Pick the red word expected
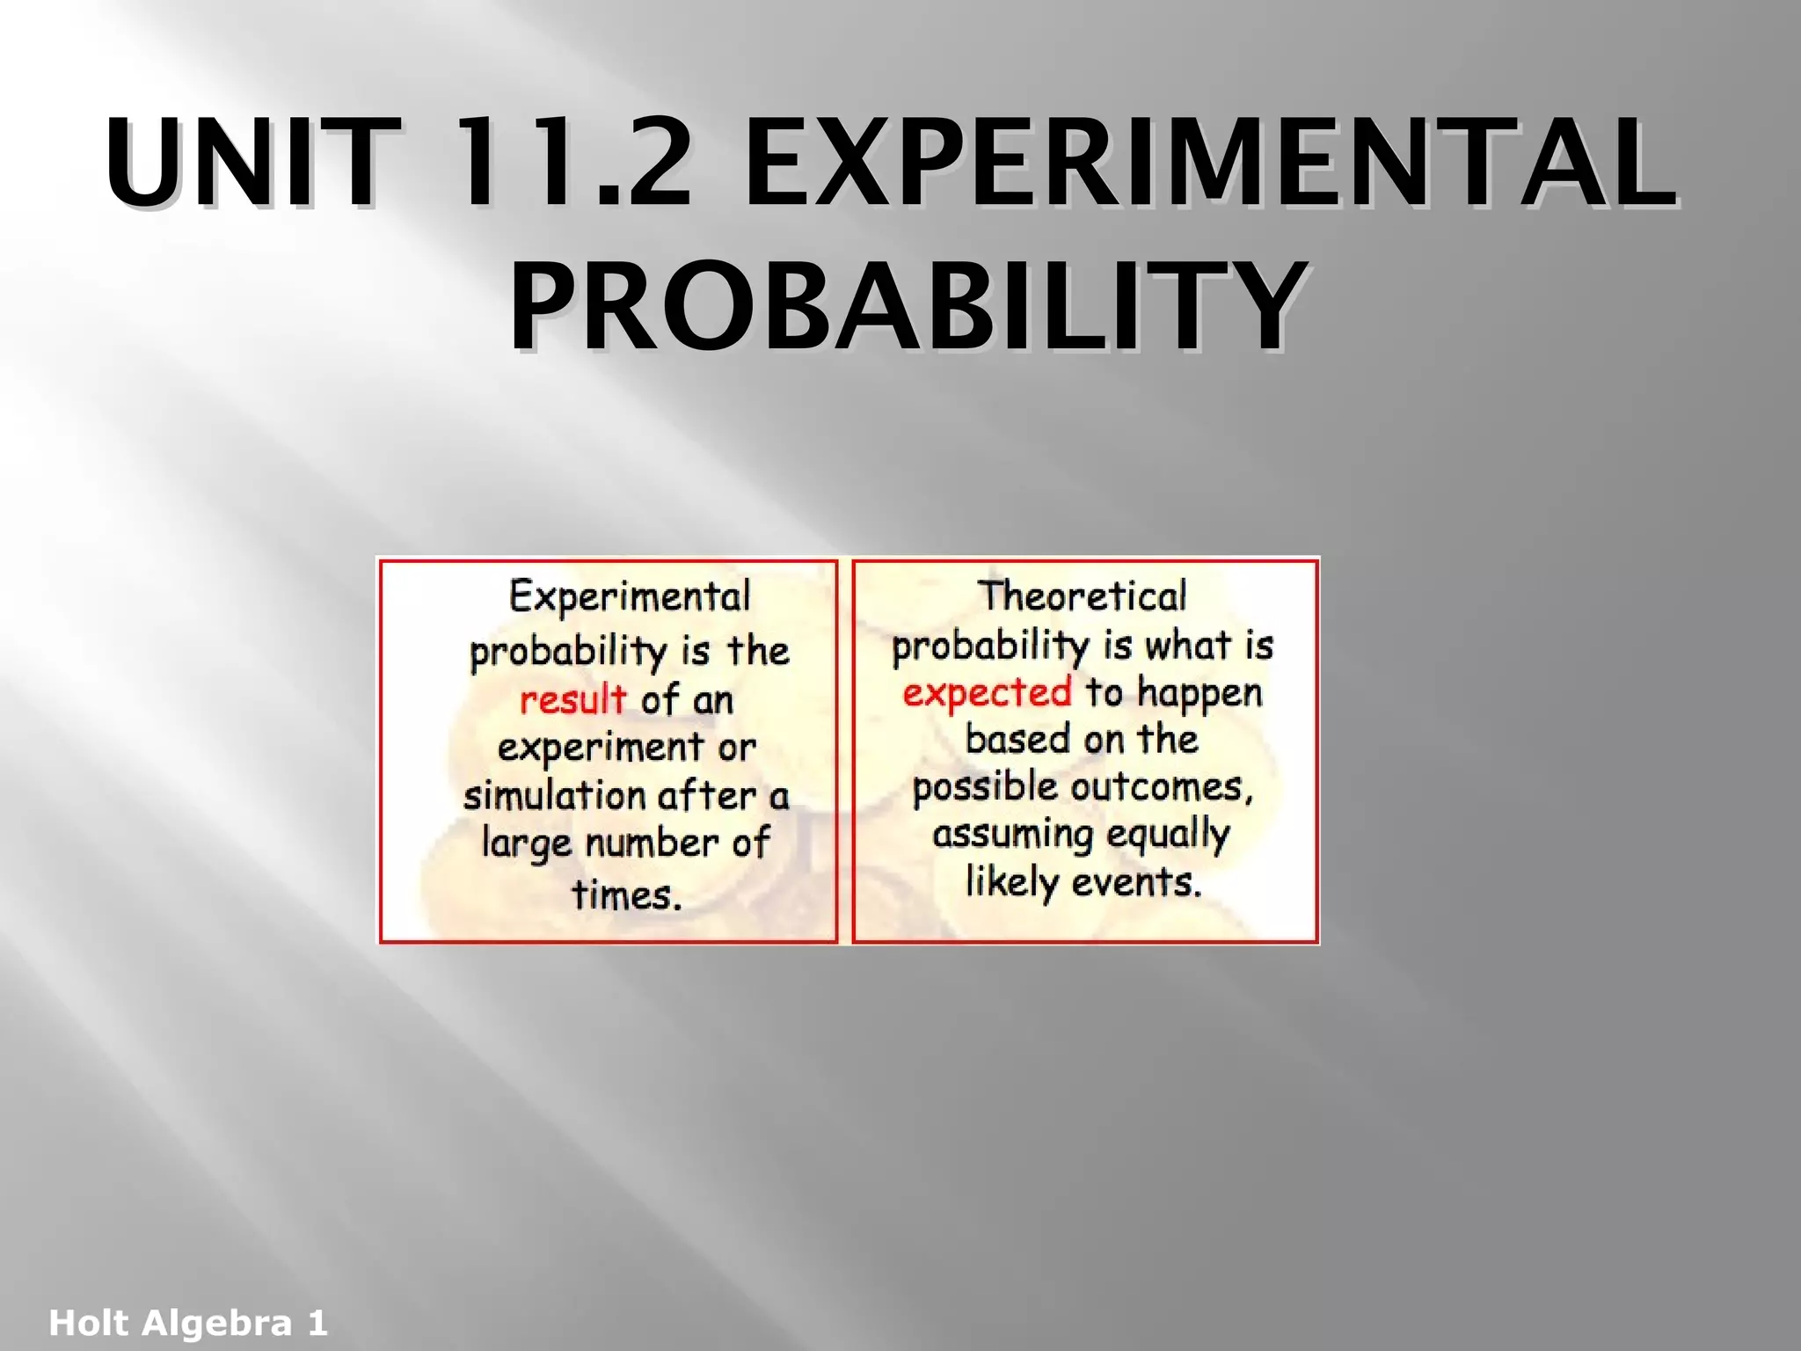click(x=988, y=693)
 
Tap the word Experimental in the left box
click(x=630, y=596)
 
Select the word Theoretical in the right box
click(x=1083, y=596)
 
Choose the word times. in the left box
click(x=626, y=895)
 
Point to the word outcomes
click(x=1162, y=786)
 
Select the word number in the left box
click(x=652, y=843)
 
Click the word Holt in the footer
click(x=88, y=1323)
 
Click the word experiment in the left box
click(x=600, y=749)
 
